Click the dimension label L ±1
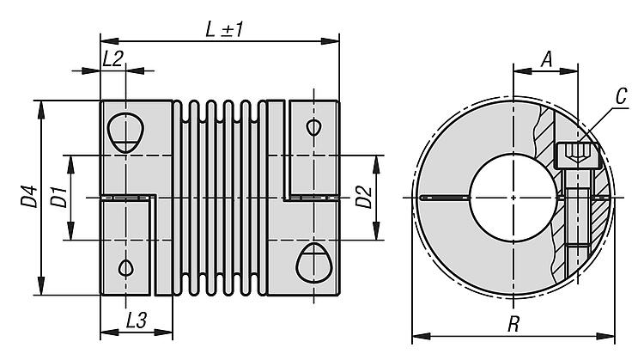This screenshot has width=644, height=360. coord(225,27)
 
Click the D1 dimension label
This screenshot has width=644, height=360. coord(58,198)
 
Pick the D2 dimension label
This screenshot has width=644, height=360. coord(364,198)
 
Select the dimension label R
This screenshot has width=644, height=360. coord(513,325)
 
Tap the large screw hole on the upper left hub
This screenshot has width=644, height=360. coord(126,132)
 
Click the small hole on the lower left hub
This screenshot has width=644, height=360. coord(126,266)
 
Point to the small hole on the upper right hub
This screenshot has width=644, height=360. coord(313,128)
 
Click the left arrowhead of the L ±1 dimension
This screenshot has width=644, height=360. coord(106,40)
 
